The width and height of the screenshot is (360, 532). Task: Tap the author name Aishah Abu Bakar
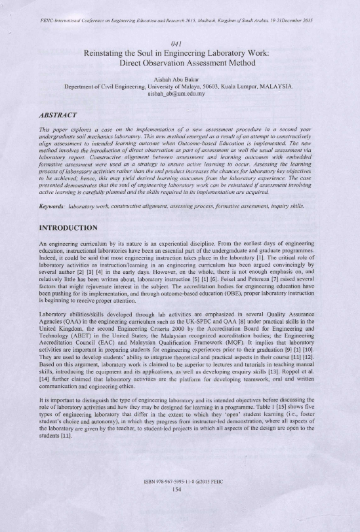point(179,81)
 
